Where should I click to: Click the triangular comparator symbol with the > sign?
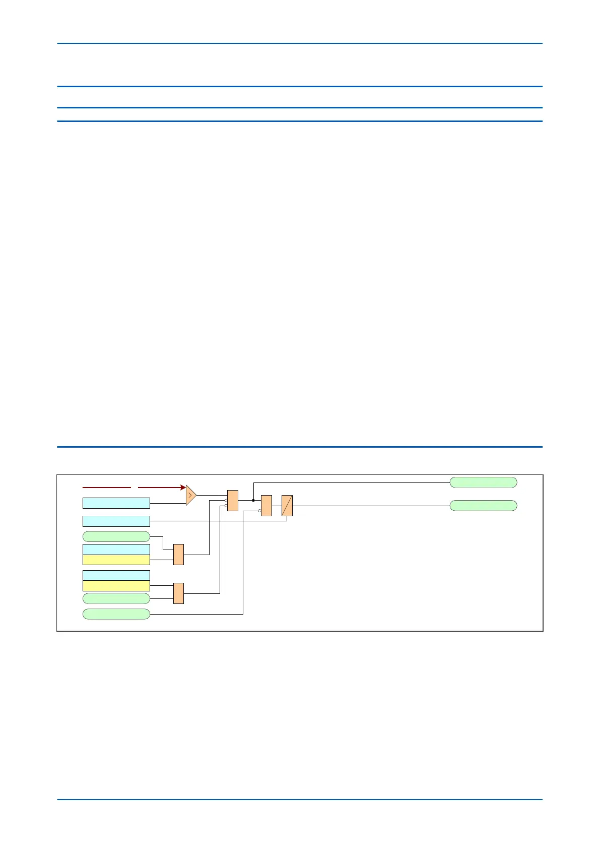click(190, 496)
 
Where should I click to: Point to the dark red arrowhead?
click(183, 488)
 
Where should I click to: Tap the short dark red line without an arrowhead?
click(107, 488)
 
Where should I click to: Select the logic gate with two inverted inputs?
click(232, 501)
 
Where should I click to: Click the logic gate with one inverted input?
click(266, 506)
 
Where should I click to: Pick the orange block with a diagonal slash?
click(287, 506)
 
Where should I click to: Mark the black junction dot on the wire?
click(253, 500)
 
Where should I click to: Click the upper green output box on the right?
click(483, 482)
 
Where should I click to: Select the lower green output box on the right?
click(483, 506)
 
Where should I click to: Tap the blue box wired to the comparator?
click(116, 503)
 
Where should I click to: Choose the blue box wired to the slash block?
click(116, 521)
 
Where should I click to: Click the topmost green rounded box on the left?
click(116, 536)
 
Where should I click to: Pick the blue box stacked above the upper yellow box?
click(116, 550)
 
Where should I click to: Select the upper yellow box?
click(116, 560)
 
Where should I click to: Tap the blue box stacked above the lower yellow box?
click(116, 575)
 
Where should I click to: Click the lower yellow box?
click(116, 586)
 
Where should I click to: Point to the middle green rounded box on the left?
click(116, 598)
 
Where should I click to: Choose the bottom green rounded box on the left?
click(116, 614)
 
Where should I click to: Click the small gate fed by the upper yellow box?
click(178, 555)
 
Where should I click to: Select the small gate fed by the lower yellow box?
click(178, 593)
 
